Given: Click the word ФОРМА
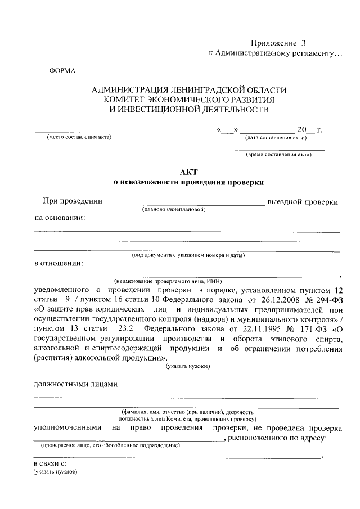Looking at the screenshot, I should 62,70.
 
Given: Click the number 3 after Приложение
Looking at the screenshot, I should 304,43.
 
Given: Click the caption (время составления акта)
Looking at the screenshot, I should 278,155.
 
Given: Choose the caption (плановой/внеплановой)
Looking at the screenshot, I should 174,209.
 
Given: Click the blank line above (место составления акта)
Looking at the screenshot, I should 85,132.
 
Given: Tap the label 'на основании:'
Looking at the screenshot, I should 60,218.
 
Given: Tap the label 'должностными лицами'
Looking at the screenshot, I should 76,385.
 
